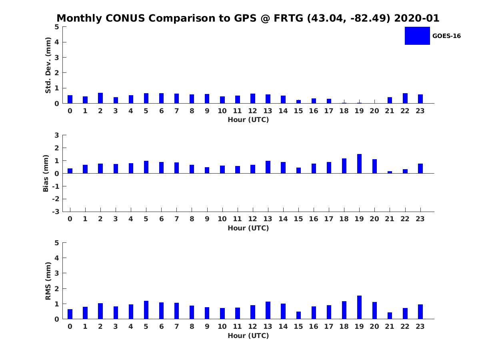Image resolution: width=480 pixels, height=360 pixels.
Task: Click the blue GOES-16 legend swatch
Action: coord(417,36)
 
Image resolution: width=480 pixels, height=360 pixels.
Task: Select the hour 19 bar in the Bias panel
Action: coord(359,164)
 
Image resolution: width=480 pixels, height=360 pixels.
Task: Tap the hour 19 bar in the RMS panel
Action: coord(359,307)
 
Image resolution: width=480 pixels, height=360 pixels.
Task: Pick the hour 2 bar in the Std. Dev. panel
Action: coord(100,98)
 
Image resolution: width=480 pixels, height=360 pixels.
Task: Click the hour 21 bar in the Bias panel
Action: coord(390,172)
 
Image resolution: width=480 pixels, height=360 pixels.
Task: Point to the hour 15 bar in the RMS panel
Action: coord(298,315)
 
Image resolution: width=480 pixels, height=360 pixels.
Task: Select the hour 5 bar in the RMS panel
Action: coord(146,310)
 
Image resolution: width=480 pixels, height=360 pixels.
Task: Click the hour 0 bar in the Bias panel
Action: coord(70,171)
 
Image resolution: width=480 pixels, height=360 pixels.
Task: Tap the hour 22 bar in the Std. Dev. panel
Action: coord(405,98)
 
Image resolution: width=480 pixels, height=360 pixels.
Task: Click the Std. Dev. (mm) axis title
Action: coord(48,65)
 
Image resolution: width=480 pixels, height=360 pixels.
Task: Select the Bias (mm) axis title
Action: coord(46,173)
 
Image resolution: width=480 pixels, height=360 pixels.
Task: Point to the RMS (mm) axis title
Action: coord(48,281)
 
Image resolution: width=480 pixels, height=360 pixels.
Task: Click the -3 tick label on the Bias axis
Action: coord(56,212)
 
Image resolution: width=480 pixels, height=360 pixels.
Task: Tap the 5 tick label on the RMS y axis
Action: coord(57,243)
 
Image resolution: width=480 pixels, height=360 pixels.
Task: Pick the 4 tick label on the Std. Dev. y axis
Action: coord(57,42)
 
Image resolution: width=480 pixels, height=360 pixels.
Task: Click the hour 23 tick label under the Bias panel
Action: coord(420,219)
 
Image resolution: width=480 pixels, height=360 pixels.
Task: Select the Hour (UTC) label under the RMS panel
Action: coord(248,336)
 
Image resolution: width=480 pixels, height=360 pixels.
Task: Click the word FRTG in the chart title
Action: coord(288,18)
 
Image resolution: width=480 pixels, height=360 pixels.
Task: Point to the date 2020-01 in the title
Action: coord(416,18)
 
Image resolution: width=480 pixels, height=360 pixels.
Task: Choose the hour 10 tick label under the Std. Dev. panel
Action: coord(222,111)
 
